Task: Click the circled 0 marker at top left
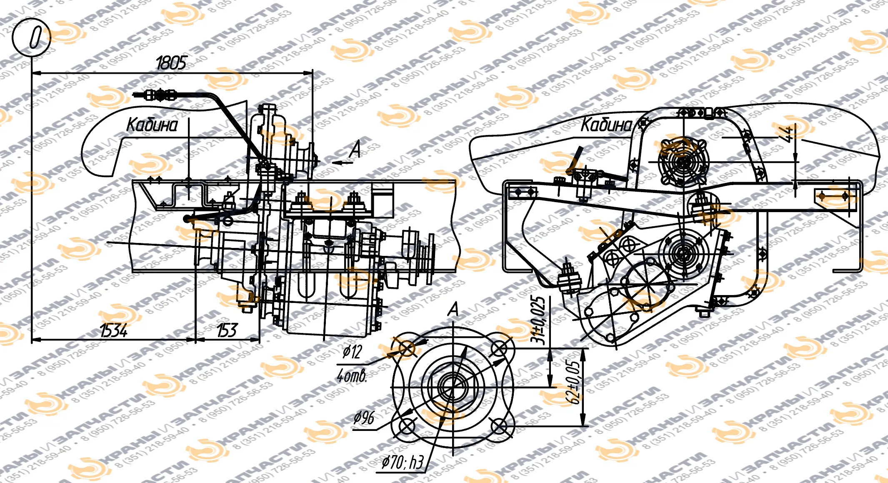tap(32, 38)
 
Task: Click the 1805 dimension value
tap(171, 63)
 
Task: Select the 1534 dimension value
tap(114, 330)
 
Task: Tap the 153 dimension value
tap(227, 330)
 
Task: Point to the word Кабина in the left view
tap(152, 125)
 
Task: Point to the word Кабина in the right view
tap(606, 125)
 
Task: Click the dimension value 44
tap(787, 134)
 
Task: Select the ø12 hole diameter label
tap(352, 352)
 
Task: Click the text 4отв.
tap(352, 376)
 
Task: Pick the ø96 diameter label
tap(364, 418)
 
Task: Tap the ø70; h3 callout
tap(403, 462)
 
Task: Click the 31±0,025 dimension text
tap(538, 320)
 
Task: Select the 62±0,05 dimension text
tap(573, 382)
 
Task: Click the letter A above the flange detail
tap(453, 310)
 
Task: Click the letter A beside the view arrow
tap(355, 150)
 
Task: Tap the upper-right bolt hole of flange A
tap(499, 348)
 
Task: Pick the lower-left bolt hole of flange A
tap(406, 427)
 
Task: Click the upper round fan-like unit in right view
tap(683, 162)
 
